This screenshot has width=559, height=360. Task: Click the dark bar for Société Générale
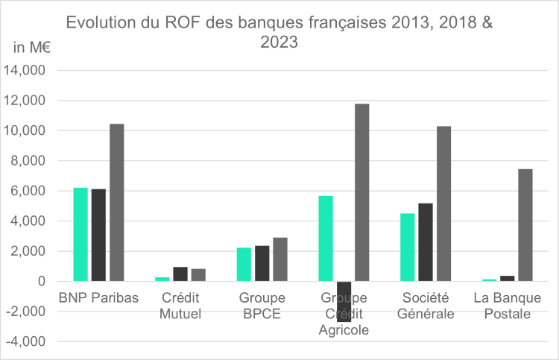point(426,242)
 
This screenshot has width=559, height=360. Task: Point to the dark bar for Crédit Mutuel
point(180,274)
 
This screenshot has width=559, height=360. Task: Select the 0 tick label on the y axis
point(40,282)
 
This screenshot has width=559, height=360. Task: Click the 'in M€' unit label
point(31,48)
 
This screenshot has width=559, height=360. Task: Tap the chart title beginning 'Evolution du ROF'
point(279,32)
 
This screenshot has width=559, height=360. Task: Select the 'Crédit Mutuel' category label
point(180,306)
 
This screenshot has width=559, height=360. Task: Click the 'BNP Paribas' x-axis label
point(98,298)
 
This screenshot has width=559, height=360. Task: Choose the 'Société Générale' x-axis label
point(426,306)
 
